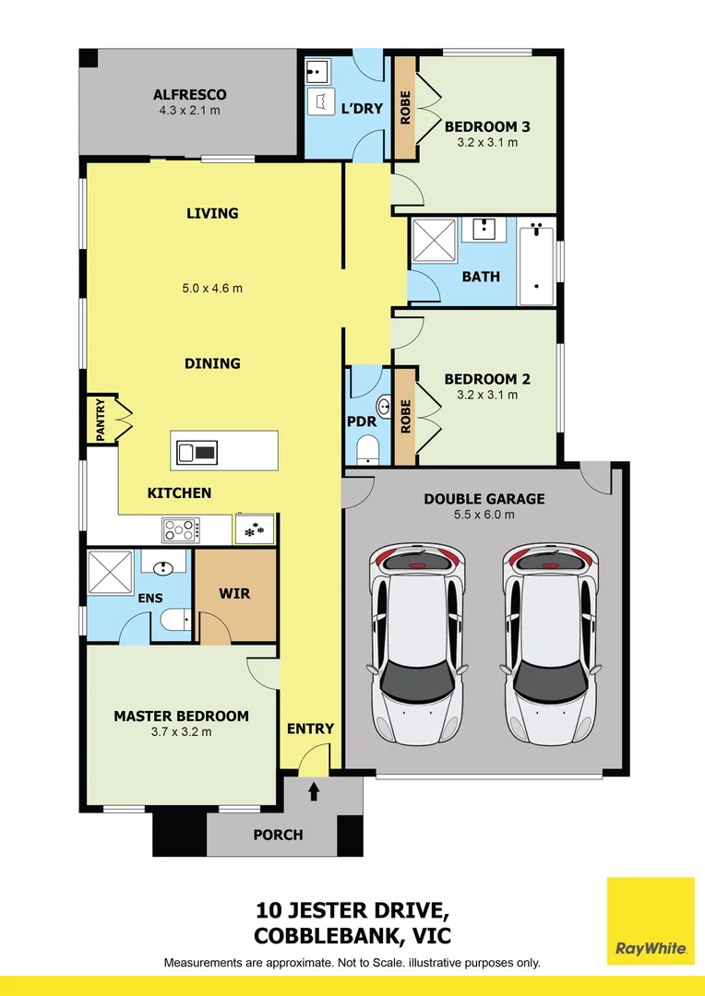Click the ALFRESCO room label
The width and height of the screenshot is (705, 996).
pos(189,95)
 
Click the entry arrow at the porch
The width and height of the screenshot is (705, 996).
pos(314,790)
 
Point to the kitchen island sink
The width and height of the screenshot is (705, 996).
pos(197,451)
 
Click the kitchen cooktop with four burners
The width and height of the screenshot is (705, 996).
pos(181,529)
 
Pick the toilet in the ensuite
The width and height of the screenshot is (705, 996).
pos(172,620)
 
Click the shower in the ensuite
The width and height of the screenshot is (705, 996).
pos(110,574)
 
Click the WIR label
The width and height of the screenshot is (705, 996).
pos(235,593)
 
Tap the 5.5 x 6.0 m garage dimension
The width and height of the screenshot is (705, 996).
pos(484,515)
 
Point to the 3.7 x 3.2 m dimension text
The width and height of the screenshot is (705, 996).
pos(181,732)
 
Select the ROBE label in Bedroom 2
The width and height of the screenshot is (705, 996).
pos(404,416)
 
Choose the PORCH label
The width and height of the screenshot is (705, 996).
pos(278,835)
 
